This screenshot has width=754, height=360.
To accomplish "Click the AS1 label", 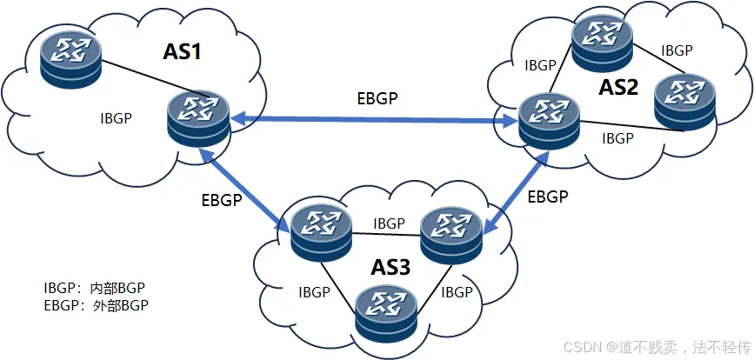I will (x=183, y=52).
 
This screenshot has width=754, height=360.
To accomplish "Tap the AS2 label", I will (x=618, y=87).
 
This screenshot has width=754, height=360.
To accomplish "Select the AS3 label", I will (x=391, y=267).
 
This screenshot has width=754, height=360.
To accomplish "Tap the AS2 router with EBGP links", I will (x=547, y=119).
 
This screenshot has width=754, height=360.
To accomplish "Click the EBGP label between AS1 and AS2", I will (x=377, y=99).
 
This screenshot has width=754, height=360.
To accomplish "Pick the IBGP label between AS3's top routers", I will (x=389, y=223).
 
